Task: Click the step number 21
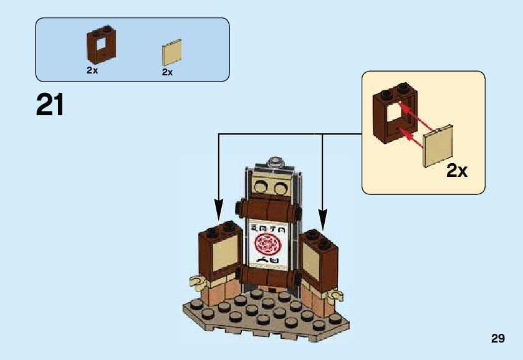click(x=50, y=105)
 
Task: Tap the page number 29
click(x=497, y=339)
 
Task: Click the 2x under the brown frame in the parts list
click(x=92, y=70)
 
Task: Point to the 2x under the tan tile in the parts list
click(x=167, y=72)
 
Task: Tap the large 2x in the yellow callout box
click(x=456, y=170)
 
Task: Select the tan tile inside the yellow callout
click(x=438, y=146)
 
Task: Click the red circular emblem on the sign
click(x=269, y=244)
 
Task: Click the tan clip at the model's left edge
click(x=198, y=283)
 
